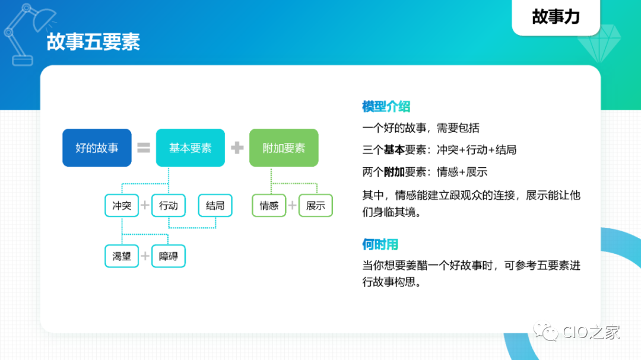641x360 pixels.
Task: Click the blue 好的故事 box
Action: point(97,148)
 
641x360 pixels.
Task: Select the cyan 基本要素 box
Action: point(190,148)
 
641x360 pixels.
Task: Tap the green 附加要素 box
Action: point(284,148)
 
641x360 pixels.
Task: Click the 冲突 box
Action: point(122,206)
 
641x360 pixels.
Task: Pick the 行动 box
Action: point(169,206)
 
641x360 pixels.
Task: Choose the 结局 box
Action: point(215,206)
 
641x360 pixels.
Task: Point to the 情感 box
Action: point(269,206)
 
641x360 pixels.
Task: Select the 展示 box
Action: point(316,206)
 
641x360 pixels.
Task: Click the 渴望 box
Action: point(122,256)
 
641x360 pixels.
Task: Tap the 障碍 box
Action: point(169,256)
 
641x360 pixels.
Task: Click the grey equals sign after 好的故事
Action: point(144,148)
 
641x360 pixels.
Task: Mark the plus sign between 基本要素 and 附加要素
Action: point(237,148)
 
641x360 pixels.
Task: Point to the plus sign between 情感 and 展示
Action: point(292,206)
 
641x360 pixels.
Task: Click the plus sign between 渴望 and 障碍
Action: point(145,256)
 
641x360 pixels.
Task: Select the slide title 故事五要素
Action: point(93,43)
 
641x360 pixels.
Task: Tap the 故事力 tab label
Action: point(556,17)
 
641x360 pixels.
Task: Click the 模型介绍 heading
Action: point(386,107)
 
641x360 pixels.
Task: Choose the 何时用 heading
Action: point(380,244)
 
